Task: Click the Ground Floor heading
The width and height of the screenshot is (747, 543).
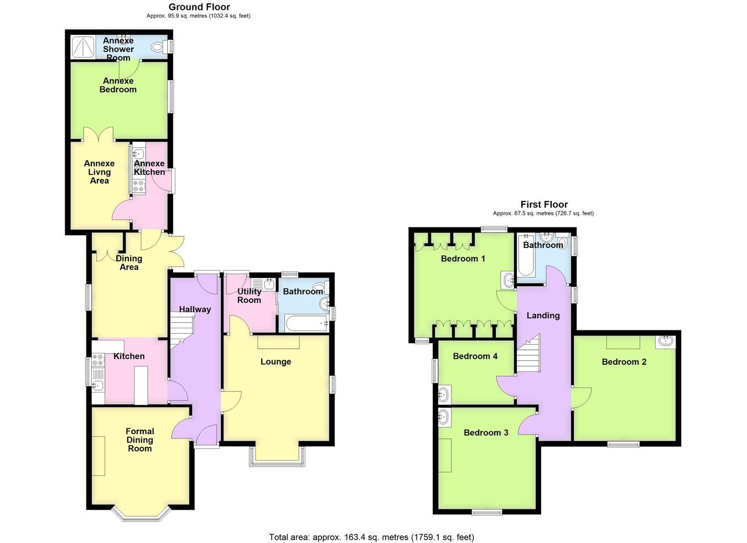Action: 199,7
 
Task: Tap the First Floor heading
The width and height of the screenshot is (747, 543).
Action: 544,204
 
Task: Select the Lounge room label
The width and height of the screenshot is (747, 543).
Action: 276,361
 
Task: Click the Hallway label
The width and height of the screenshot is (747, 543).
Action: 195,309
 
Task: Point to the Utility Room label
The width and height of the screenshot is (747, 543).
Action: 249,296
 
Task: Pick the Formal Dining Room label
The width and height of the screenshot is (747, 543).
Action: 140,439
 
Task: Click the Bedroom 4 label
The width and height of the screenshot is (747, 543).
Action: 475,356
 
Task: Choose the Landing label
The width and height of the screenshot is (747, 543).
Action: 543,315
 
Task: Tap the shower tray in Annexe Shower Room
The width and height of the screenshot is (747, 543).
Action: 82,48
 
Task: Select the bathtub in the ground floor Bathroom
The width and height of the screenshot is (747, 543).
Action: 307,323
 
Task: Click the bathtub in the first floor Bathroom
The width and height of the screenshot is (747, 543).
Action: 526,256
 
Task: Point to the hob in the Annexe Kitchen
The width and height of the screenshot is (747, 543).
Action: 139,187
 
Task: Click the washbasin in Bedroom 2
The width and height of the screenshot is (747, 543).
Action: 666,342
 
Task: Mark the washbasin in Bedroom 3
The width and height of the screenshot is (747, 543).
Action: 444,417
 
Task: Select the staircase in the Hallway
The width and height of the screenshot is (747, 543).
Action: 182,331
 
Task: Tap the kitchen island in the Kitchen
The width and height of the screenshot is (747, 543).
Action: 141,386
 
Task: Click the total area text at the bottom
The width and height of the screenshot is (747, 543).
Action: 371,528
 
